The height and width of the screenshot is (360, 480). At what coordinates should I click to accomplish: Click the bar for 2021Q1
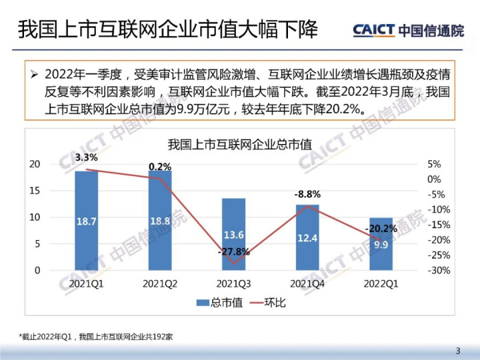click(86, 221)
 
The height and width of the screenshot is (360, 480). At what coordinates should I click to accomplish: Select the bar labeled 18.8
click(159, 221)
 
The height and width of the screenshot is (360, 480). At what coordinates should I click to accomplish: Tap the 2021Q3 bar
click(233, 234)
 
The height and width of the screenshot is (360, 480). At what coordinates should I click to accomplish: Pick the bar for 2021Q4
click(307, 237)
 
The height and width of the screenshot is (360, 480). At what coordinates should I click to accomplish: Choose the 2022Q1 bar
click(381, 244)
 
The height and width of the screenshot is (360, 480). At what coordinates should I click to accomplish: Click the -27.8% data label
click(233, 252)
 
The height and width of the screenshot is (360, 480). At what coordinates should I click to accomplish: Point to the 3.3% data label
click(87, 158)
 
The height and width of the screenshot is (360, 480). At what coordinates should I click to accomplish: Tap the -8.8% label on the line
click(307, 194)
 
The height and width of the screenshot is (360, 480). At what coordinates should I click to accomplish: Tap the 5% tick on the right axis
click(433, 164)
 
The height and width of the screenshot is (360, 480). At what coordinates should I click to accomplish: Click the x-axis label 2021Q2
click(159, 283)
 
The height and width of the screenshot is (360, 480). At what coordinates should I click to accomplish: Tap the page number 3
click(457, 351)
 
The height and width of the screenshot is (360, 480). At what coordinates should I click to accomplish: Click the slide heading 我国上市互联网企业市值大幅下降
click(167, 31)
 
